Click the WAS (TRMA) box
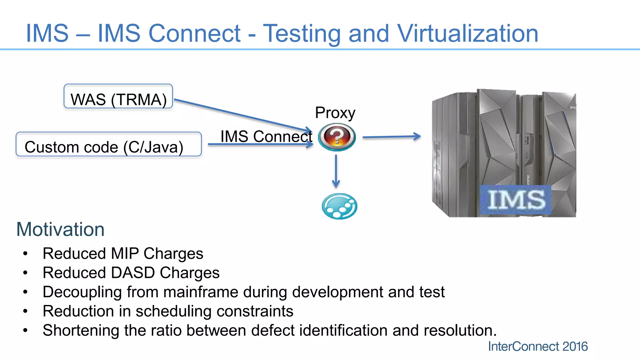tap(118, 96)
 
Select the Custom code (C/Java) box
tap(108, 144)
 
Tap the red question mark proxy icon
tap(337, 137)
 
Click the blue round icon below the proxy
tap(339, 206)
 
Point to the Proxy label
tap(335, 113)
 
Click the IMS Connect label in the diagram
tap(266, 136)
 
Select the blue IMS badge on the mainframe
tap(516, 199)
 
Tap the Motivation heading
tap(60, 229)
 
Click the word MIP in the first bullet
tap(125, 253)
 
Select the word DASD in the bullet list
tap(133, 272)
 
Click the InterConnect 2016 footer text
tap(538, 346)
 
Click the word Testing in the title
tap(302, 34)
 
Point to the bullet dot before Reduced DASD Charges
tap(25, 273)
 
